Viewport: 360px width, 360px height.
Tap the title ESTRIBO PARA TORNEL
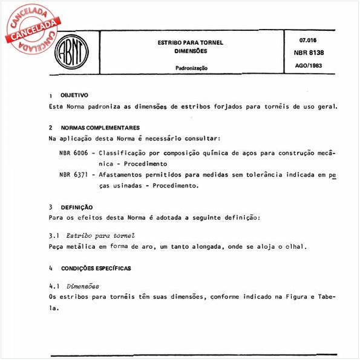coord(191,42)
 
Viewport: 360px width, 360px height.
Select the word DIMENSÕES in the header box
coord(191,51)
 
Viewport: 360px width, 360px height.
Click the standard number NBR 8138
coord(310,53)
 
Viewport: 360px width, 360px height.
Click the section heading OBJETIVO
coord(74,95)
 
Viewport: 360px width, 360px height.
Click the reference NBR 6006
coord(72,152)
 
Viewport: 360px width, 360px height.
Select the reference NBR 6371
coord(72,175)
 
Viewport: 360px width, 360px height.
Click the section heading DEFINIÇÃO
coord(76,206)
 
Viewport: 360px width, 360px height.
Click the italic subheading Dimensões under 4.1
coord(82,286)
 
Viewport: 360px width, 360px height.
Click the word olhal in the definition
coord(296,246)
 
